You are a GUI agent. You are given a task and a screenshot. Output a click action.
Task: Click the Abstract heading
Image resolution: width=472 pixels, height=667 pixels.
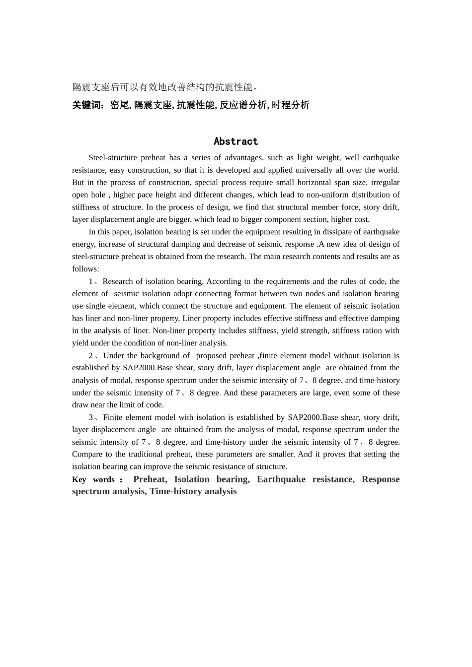click(x=236, y=141)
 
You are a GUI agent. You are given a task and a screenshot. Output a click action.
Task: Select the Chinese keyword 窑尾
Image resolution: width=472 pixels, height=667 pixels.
click(x=119, y=105)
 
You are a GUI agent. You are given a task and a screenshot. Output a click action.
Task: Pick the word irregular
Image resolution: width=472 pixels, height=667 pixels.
click(x=385, y=182)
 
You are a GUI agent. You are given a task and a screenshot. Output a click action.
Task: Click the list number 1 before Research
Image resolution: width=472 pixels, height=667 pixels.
click(x=91, y=281)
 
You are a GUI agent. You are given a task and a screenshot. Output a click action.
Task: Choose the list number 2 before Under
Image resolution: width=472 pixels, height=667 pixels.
click(x=91, y=356)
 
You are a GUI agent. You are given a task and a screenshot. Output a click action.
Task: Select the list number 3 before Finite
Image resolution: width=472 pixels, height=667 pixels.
click(x=91, y=417)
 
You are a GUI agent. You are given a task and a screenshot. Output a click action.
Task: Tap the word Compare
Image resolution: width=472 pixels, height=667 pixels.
click(x=87, y=454)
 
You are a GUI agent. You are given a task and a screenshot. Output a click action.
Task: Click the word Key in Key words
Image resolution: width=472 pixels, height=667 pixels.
click(x=79, y=479)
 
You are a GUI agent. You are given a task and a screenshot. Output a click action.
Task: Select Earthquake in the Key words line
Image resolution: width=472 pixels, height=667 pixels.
click(x=281, y=479)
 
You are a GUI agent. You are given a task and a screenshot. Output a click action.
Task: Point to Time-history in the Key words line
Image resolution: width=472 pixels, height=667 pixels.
click(x=176, y=491)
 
